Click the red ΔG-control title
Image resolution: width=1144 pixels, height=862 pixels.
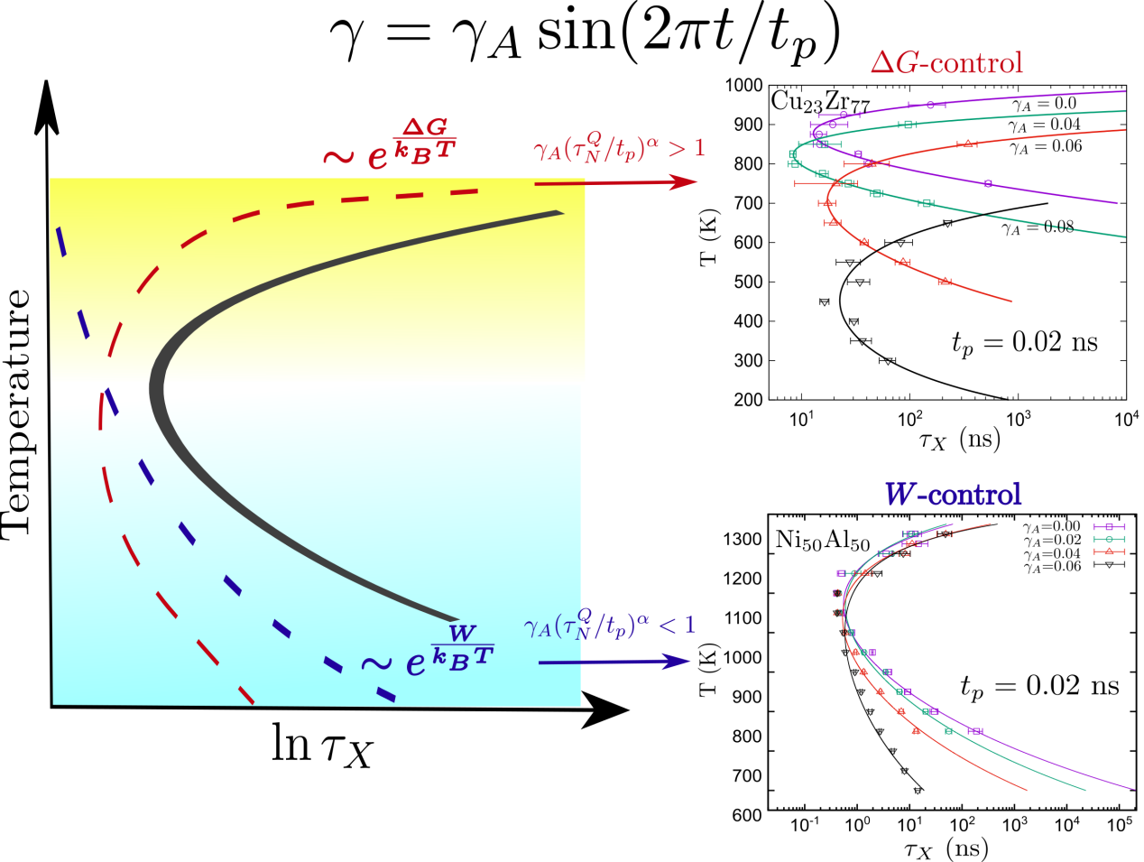pyautogui.click(x=946, y=62)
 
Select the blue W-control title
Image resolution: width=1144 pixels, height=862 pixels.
pyautogui.click(x=953, y=494)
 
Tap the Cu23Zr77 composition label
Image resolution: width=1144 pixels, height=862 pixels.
pyautogui.click(x=819, y=103)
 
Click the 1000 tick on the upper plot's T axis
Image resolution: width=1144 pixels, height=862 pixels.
pyautogui.click(x=744, y=86)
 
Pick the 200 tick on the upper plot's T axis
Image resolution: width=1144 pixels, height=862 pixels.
pyautogui.click(x=748, y=399)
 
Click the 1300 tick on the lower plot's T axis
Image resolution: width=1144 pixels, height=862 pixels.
pyautogui.click(x=743, y=540)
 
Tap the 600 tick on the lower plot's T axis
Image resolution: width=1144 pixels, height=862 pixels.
pyautogui.click(x=747, y=815)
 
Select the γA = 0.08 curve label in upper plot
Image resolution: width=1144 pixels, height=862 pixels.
pyautogui.click(x=1038, y=227)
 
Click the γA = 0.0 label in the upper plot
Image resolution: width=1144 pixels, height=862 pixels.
pyautogui.click(x=1044, y=105)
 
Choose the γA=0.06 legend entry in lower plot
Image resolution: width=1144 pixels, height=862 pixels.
pyautogui.click(x=1052, y=567)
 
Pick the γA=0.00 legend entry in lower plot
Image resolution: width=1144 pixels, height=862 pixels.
pyautogui.click(x=1052, y=526)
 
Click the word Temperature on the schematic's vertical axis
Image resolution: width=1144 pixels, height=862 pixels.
pyautogui.click(x=17, y=413)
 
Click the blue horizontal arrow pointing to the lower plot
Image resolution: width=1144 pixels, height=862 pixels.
pyautogui.click(x=614, y=662)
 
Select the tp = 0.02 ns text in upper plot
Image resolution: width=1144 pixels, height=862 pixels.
pyautogui.click(x=1025, y=343)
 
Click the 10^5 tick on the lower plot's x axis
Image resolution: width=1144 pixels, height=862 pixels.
pyautogui.click(x=1120, y=825)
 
